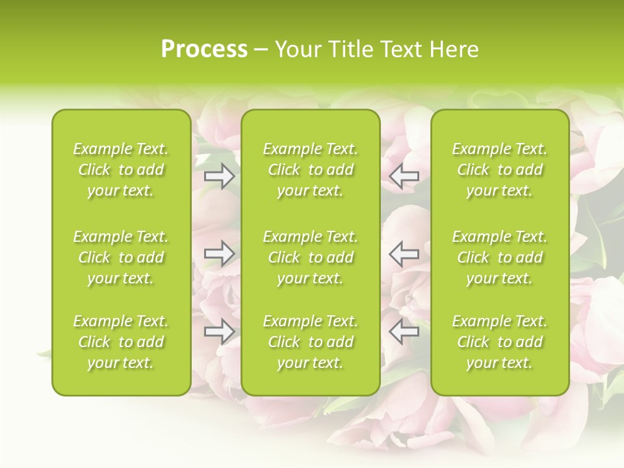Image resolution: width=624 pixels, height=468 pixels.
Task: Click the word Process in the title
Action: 204,49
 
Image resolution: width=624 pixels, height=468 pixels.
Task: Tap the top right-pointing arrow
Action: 220,176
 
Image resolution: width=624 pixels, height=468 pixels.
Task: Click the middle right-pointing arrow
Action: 220,253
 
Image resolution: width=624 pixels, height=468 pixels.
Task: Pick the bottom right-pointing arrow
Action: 220,331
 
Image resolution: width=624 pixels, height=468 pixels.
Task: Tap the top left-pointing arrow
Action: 404,176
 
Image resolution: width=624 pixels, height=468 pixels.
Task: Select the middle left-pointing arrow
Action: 404,253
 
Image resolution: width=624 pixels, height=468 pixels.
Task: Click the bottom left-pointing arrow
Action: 404,331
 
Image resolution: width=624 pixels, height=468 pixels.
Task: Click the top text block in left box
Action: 121,170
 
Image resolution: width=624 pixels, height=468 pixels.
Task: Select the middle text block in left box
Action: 121,257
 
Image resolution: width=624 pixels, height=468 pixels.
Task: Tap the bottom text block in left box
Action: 121,342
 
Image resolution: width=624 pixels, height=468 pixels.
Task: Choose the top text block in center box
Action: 310,170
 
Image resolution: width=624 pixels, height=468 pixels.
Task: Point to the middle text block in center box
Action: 310,257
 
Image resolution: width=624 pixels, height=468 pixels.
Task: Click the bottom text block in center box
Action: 310,342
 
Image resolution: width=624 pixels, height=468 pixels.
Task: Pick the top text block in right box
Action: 500,170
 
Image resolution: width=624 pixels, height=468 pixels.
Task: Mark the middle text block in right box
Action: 500,257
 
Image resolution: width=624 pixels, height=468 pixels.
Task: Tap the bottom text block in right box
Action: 500,342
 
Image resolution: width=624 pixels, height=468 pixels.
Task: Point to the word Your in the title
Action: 297,49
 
